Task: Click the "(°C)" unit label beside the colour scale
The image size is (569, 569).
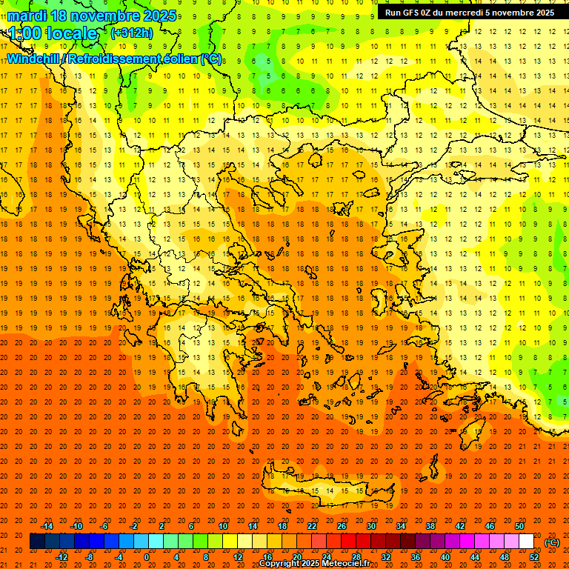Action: tap(552, 542)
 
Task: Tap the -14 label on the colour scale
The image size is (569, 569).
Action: tap(47, 526)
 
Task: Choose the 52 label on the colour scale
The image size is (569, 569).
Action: tap(534, 556)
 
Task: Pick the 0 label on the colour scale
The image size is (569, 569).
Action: tap(147, 556)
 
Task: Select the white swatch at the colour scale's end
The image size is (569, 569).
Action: tap(526, 542)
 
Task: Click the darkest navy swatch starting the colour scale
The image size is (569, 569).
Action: tap(37, 542)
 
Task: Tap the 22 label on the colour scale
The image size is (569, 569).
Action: tap(312, 526)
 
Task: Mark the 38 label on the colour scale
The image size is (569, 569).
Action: tap(430, 526)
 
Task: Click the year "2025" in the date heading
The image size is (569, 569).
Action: tap(160, 16)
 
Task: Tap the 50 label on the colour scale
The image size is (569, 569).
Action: tap(519, 526)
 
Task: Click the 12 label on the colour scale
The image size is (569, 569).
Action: tap(237, 556)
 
